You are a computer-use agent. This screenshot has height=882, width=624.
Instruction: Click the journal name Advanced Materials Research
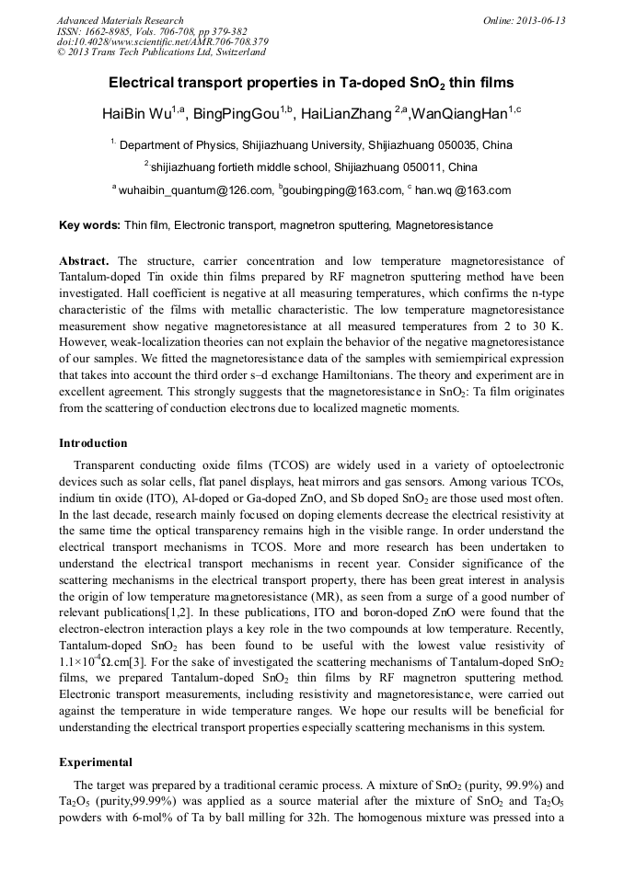click(120, 20)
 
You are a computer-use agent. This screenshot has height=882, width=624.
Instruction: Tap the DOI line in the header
click(162, 41)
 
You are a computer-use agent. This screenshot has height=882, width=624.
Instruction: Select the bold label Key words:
click(89, 225)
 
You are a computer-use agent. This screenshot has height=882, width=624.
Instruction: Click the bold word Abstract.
click(84, 261)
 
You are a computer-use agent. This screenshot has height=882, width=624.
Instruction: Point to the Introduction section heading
click(93, 443)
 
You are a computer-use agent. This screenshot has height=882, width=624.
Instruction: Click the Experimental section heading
click(96, 762)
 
